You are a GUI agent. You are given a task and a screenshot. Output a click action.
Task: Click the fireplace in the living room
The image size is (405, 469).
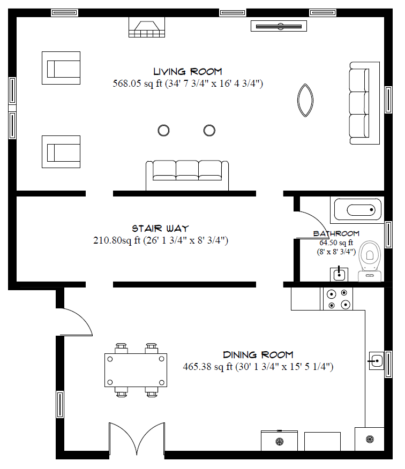click(x=147, y=27)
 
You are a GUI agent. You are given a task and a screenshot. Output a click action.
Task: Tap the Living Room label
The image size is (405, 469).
click(x=187, y=72)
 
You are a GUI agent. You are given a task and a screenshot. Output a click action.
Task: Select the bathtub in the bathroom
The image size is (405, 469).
click(x=358, y=210)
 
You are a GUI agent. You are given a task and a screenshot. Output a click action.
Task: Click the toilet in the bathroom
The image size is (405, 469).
click(x=370, y=261)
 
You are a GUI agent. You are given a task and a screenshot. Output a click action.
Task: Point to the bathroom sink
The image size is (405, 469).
click(x=339, y=274)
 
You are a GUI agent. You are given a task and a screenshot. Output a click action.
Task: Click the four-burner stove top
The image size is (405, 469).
click(x=337, y=299)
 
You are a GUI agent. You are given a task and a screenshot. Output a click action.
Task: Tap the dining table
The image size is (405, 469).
click(x=136, y=370)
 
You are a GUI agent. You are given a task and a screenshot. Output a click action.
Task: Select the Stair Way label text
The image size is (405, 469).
click(x=160, y=229)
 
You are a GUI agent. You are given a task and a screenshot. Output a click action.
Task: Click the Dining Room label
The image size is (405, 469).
click(x=258, y=355)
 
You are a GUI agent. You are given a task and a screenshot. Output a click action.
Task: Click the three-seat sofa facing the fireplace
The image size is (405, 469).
click(x=187, y=175)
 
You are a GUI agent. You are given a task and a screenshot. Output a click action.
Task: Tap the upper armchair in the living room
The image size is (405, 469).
click(x=61, y=68)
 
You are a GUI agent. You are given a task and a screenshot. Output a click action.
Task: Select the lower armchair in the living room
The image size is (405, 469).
click(x=61, y=152)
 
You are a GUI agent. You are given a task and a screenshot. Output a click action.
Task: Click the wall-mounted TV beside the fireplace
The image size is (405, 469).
click(x=279, y=26)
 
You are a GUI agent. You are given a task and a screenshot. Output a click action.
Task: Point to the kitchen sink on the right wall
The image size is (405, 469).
click(x=376, y=361)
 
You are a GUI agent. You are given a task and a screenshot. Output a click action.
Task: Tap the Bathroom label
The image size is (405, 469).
click(x=336, y=233)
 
